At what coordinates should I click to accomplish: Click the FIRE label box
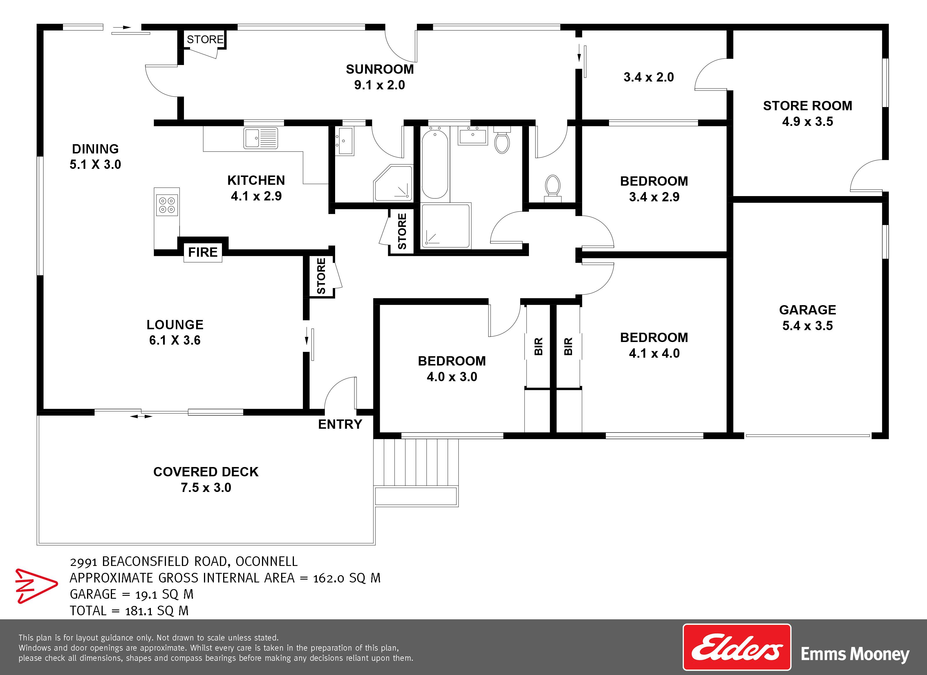[203, 253]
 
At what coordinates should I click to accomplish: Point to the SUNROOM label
[380, 69]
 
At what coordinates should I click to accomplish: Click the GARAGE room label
[807, 310]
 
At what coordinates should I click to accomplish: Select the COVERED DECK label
[206, 472]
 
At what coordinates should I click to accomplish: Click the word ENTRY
[340, 425]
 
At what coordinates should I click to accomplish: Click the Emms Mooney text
[855, 654]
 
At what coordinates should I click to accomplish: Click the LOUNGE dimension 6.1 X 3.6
[175, 340]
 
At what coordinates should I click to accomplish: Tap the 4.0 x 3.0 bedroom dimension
[452, 377]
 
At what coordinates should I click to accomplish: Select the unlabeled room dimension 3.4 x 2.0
[649, 77]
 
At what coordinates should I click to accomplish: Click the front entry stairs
[416, 472]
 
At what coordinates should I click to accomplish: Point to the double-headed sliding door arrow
[141, 417]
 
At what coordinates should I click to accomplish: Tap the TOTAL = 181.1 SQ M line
[129, 611]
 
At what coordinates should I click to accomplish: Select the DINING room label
[95, 149]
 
